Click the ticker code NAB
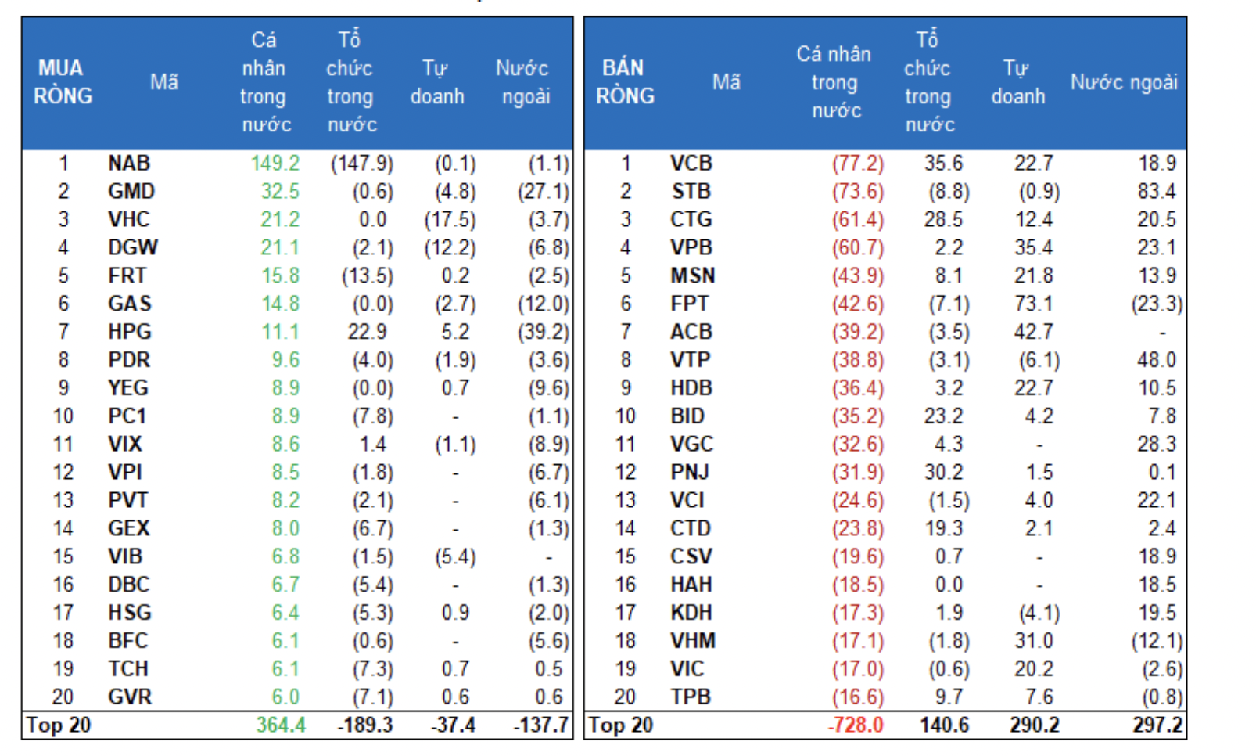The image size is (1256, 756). [x=129, y=164]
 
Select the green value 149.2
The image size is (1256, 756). [x=275, y=164]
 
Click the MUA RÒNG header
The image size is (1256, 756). [x=63, y=82]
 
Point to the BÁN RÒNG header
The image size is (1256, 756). [x=625, y=82]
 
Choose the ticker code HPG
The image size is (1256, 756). [x=130, y=332]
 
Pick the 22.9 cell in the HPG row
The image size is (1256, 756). [x=367, y=332]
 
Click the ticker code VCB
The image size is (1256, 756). [x=691, y=164]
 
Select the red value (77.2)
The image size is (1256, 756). [x=858, y=164]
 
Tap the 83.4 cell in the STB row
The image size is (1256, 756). [x=1157, y=192]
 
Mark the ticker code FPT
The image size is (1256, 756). [x=690, y=304]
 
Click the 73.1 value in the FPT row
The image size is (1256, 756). [x=1034, y=304]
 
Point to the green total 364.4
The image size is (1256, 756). [x=281, y=725]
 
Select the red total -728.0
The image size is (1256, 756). [x=856, y=725]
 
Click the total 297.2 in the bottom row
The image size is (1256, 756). [x=1158, y=725]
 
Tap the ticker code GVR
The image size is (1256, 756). [x=130, y=697]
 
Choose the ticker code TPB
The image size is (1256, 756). [x=691, y=697]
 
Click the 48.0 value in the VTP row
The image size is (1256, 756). [x=1157, y=360]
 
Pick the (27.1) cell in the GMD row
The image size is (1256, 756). [x=544, y=192]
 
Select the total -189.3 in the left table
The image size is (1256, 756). [x=365, y=725]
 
